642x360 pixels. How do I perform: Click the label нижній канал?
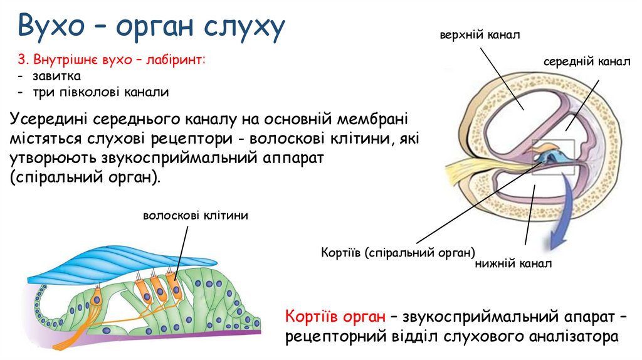[x=513, y=264]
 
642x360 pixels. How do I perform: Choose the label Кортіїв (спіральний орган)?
[x=398, y=253]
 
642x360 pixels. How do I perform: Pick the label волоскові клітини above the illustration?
[x=196, y=215]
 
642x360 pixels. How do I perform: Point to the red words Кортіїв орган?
[x=335, y=315]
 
